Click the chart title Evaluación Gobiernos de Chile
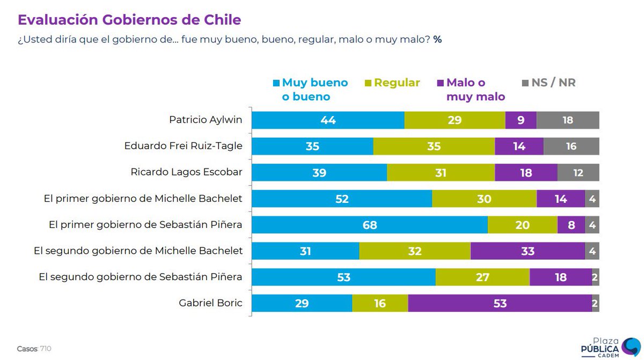click(x=129, y=20)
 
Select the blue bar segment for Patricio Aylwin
click(x=328, y=120)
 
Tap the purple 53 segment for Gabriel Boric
click(x=500, y=303)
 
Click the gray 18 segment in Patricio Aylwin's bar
click(x=567, y=120)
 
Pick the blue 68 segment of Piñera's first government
click(x=369, y=225)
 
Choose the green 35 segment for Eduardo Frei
click(x=434, y=146)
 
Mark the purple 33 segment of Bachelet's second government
click(x=528, y=251)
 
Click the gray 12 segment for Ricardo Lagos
click(x=578, y=172)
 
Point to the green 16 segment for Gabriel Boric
click(x=380, y=303)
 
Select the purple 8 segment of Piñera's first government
click(x=571, y=225)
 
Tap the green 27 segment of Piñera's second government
click(x=482, y=277)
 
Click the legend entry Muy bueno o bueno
click(x=311, y=90)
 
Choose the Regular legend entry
click(x=392, y=83)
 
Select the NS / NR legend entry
click(x=548, y=83)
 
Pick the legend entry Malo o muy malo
click(x=471, y=90)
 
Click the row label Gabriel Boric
click(x=210, y=303)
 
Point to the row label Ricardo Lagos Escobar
click(x=186, y=172)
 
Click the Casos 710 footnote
click(x=34, y=349)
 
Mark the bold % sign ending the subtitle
click(x=437, y=40)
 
